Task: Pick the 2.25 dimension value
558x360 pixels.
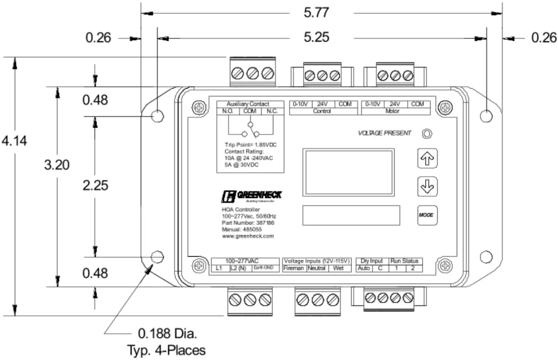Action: (95, 185)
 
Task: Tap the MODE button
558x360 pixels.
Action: (427, 215)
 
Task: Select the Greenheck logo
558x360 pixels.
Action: (251, 196)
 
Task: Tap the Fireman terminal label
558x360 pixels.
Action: (294, 269)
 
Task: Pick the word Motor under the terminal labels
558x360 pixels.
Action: (395, 111)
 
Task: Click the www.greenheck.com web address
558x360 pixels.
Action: (247, 236)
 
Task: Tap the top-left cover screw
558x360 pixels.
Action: (199, 108)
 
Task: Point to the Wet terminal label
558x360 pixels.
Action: (339, 269)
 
